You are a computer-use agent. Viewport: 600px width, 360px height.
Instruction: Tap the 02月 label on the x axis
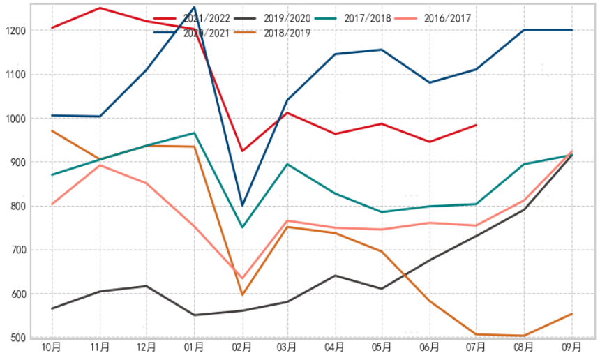(241, 347)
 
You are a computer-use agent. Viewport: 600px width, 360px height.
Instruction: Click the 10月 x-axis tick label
(51, 347)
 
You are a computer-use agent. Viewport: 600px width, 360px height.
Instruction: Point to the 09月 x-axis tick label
(572, 347)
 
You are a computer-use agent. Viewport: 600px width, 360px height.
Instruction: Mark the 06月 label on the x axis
(429, 347)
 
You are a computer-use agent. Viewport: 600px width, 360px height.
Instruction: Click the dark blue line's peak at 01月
(194, 7)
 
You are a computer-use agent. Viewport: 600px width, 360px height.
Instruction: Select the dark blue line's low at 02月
(242, 205)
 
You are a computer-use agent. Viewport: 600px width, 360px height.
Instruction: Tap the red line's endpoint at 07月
(476, 125)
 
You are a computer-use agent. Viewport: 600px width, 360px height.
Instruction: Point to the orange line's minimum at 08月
(524, 336)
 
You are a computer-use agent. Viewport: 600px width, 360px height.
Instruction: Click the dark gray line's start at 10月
(52, 308)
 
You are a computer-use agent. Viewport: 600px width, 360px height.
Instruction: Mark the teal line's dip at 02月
(242, 227)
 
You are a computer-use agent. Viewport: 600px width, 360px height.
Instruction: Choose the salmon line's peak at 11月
(100, 165)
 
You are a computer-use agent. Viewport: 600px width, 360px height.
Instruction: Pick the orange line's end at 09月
(572, 314)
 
